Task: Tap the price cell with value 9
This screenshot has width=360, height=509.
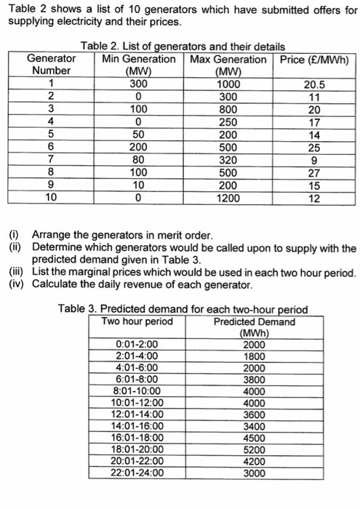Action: [314, 161]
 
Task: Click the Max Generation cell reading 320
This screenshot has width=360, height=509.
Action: [228, 161]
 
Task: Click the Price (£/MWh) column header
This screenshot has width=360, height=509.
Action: [314, 58]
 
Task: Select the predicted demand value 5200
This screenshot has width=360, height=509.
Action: [254, 449]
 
